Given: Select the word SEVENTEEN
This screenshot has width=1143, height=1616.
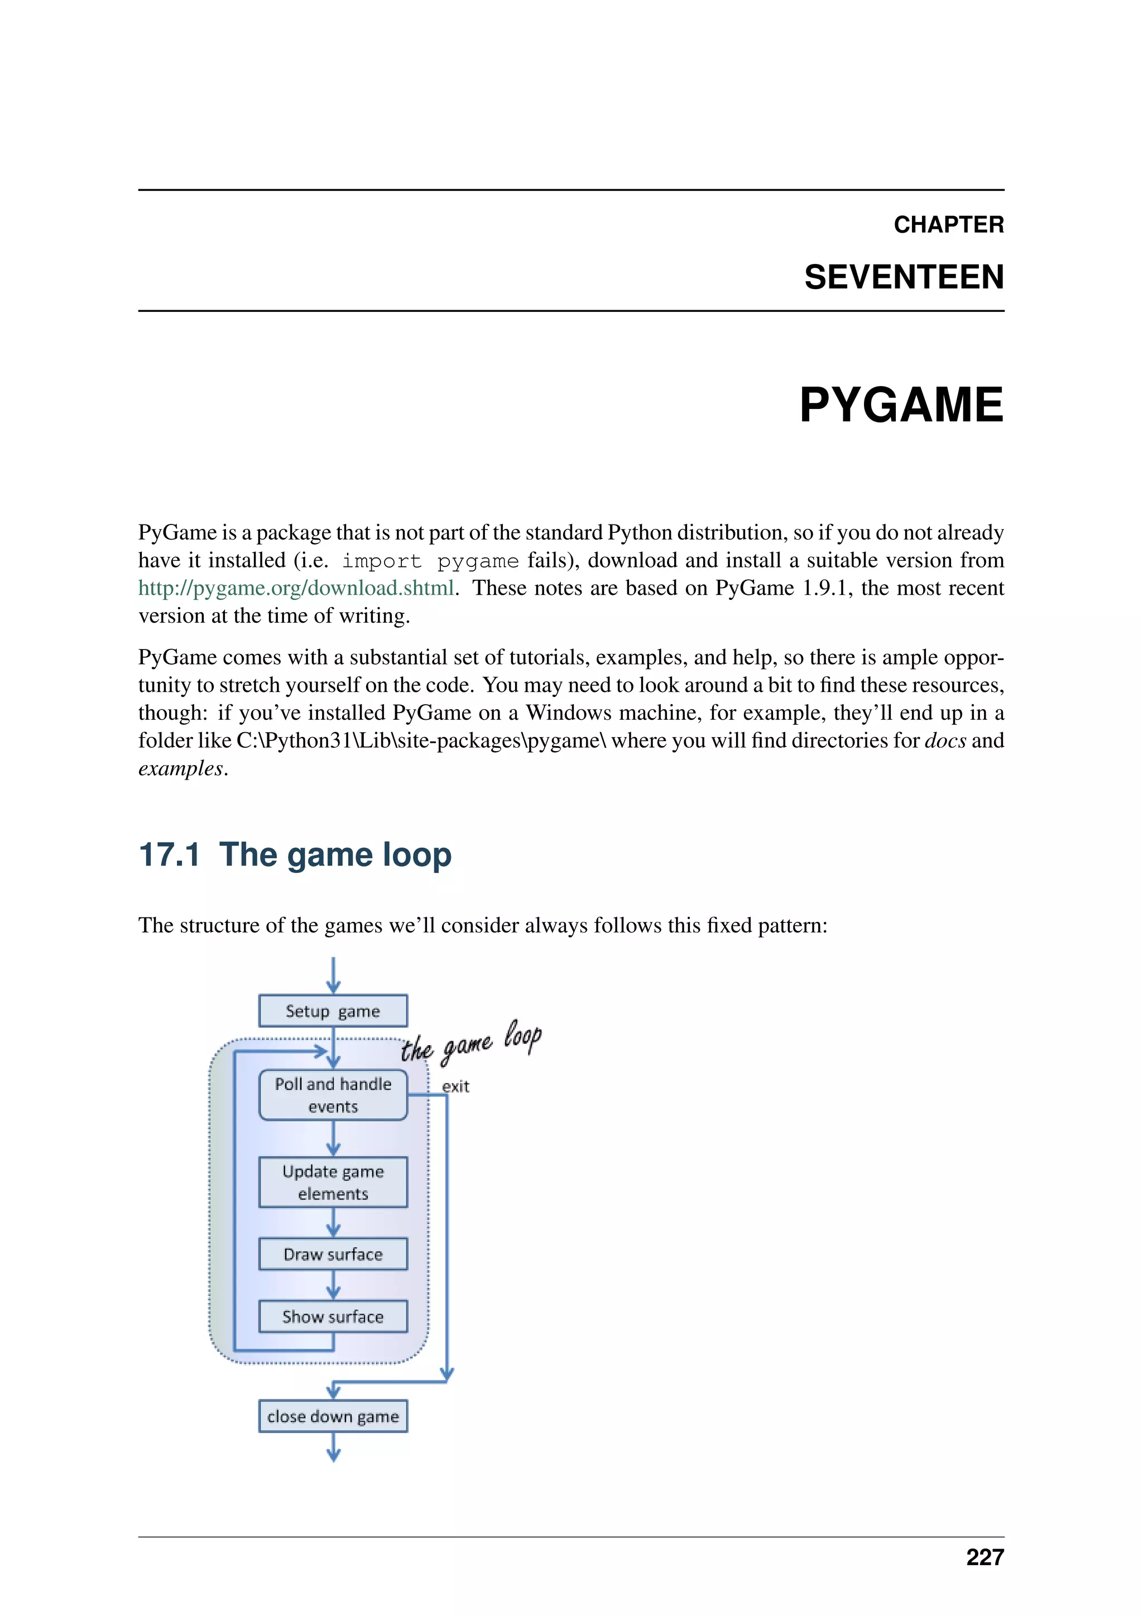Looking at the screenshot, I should point(904,277).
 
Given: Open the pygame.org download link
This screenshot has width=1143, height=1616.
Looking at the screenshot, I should point(296,588).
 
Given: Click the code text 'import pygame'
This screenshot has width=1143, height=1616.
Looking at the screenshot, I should point(430,561).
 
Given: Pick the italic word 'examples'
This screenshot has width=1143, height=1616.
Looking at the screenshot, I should point(180,768).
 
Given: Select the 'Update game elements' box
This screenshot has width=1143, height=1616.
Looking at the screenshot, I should point(333,1182).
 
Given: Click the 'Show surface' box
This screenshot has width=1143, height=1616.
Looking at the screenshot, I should point(333,1316).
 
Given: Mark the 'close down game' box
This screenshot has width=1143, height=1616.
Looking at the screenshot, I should point(333,1416).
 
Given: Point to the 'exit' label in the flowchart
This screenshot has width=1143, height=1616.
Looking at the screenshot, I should point(455,1086).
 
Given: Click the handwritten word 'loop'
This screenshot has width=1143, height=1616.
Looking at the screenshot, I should point(522,1037).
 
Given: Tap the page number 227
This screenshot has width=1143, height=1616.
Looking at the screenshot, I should point(984,1557).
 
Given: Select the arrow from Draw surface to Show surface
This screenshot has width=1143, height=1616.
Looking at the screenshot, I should point(334,1285).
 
